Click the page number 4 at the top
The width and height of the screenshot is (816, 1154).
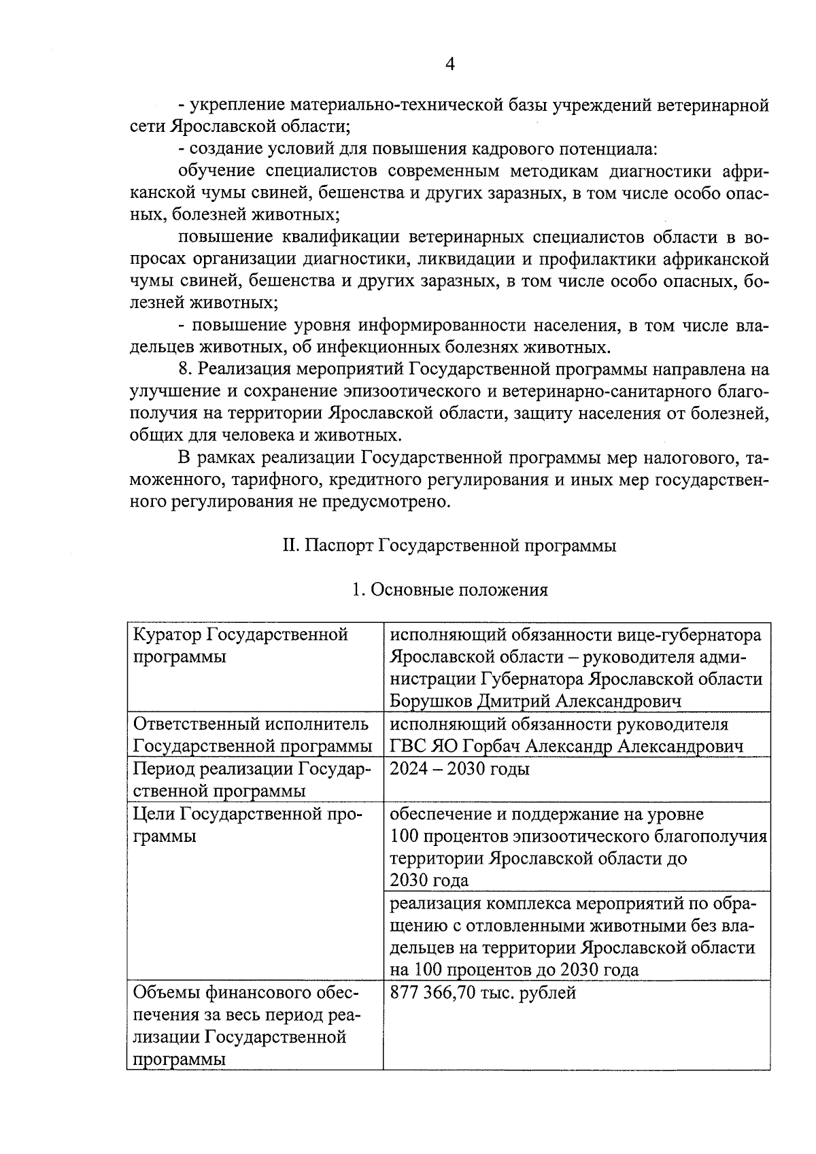(449, 64)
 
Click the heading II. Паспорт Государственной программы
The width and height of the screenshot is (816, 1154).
(449, 546)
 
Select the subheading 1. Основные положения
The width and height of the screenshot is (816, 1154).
(449, 590)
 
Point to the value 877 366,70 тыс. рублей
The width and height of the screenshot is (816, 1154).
(483, 993)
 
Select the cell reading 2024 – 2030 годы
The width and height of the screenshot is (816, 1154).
(460, 768)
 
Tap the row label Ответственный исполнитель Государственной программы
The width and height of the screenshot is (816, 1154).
(252, 734)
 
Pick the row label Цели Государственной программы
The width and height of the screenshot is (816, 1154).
(247, 824)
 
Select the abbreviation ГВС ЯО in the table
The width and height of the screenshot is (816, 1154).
(424, 746)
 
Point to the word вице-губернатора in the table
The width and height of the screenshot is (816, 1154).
(689, 635)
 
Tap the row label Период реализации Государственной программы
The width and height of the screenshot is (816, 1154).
(251, 779)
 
